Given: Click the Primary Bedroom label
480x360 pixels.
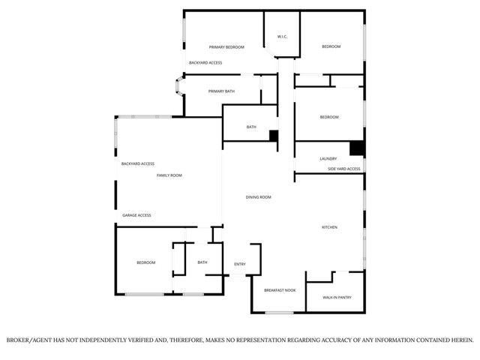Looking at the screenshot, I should pos(226,47).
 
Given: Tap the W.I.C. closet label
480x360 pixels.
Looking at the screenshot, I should pos(282,36).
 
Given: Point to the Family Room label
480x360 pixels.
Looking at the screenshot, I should pos(169,175).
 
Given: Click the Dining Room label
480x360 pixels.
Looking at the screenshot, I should pos(258,197).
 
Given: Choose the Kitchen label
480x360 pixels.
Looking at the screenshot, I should pos(329,227).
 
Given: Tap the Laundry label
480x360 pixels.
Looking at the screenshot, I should pos(328,159).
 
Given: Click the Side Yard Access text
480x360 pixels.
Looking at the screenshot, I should pos(343,169).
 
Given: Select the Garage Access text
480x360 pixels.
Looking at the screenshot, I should pos(136,215).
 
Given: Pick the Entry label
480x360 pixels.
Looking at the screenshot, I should pos(240,264).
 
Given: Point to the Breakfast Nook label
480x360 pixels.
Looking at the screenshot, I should pos(280,290).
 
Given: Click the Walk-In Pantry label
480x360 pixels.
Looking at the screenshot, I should pos(337,298).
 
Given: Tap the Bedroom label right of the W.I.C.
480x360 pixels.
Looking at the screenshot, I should pos(331,47).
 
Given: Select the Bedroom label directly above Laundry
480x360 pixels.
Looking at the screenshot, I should pos(329,117).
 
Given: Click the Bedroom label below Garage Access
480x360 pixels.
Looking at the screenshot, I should pos(145,262).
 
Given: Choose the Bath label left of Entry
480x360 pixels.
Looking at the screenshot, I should pos(202,262).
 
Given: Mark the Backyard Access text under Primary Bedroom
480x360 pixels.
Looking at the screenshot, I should pos(205,63).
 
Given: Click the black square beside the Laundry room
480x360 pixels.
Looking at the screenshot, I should pos(357,148).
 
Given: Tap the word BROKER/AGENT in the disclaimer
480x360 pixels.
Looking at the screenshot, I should pos(29,340).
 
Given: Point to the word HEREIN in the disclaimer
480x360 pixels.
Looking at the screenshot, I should pos(459,340).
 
